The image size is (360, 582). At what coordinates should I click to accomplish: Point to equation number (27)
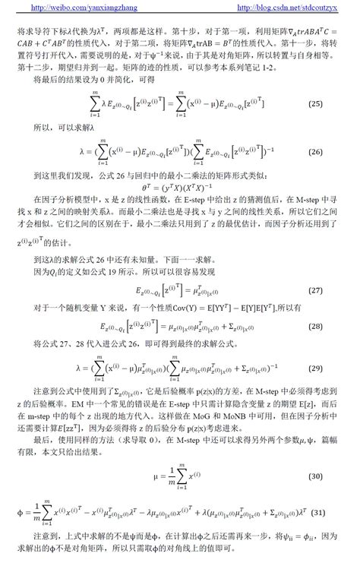pyautogui.click(x=338, y=291)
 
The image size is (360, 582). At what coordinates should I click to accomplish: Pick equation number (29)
pyautogui.click(x=338, y=368)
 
